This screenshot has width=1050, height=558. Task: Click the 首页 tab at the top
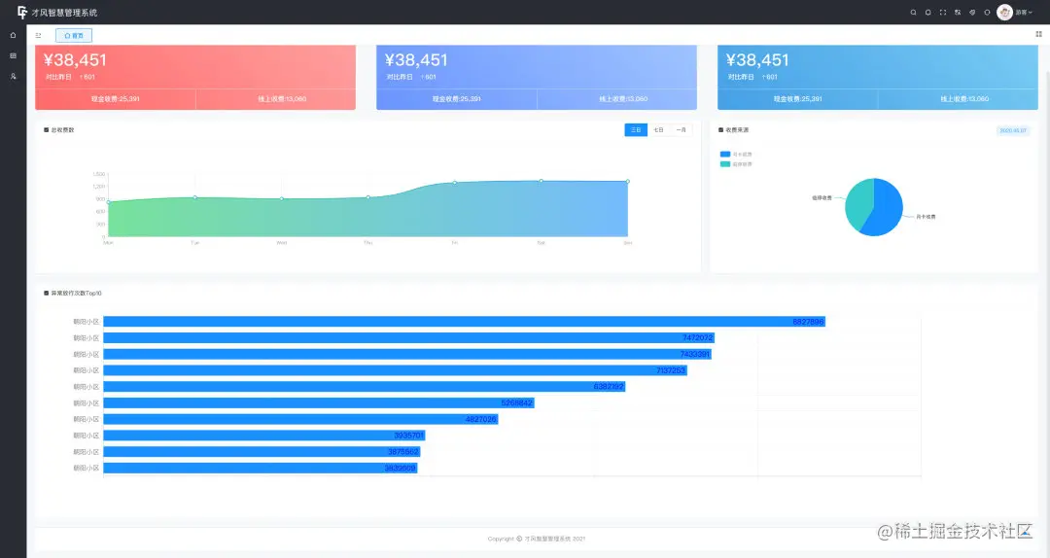coord(75,35)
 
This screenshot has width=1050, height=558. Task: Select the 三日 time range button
coord(636,129)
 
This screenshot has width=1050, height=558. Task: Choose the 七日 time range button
coord(658,129)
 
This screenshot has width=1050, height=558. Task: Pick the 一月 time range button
coord(682,129)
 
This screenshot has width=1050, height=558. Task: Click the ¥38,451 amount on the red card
coord(76,60)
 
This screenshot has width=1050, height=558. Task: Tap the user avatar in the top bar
coord(1004,13)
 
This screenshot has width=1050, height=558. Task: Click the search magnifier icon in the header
coord(913,13)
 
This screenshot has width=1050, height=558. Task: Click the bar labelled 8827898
coord(464,322)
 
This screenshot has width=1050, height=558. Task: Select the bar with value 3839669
coord(260,469)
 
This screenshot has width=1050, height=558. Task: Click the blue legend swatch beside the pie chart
coord(725,154)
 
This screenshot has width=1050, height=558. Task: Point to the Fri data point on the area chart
coord(454,183)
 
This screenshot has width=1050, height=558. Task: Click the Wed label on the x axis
coord(281,242)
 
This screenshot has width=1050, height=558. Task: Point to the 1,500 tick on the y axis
coord(99,174)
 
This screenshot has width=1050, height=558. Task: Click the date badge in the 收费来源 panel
coord(1013,129)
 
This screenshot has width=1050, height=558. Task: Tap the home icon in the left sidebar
coord(13,35)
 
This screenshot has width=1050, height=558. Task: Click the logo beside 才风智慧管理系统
coord(22,13)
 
